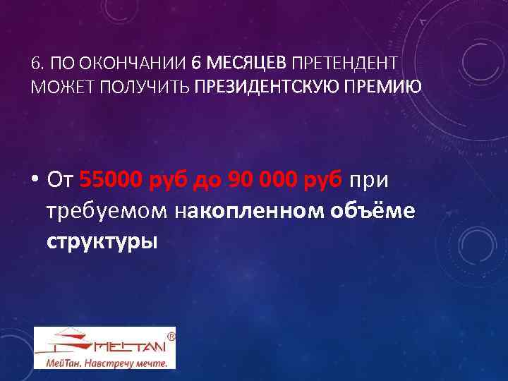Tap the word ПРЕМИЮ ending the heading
386,87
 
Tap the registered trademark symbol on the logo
170,337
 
